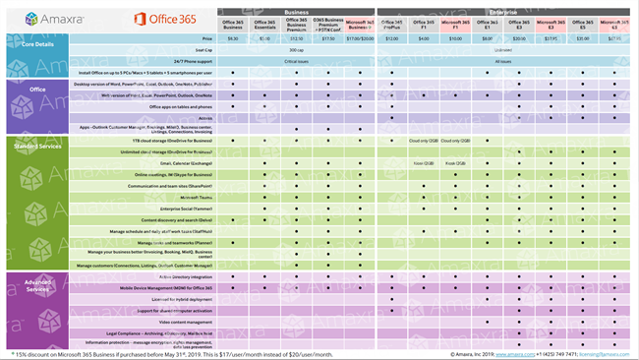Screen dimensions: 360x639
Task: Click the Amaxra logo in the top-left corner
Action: click(35, 18)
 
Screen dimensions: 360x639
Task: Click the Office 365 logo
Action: click(158, 18)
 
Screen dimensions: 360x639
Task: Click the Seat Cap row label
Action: click(203, 49)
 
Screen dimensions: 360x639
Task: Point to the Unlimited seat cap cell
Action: click(505, 49)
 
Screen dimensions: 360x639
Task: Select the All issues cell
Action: click(505, 61)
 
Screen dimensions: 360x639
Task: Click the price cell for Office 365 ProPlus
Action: click(390, 38)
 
